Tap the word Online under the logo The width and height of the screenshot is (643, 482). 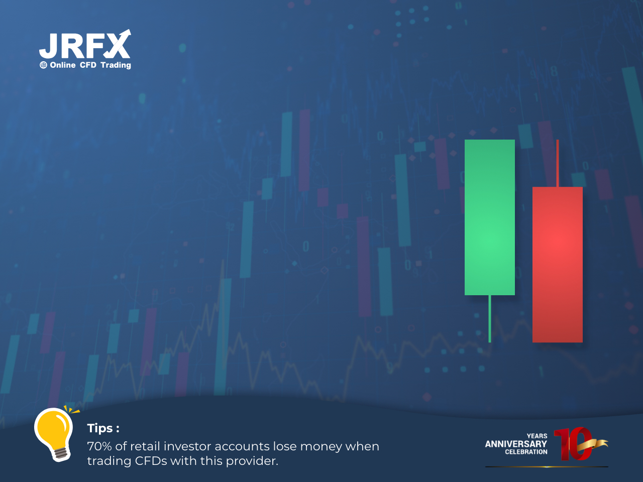point(63,65)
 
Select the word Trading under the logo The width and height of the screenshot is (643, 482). point(116,65)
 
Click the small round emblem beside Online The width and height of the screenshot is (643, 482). point(43,65)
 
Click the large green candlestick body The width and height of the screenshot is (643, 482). point(489,217)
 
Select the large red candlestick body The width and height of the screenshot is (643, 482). point(557,265)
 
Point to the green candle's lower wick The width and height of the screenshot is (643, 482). point(489,319)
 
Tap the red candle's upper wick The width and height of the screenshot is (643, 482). point(558,163)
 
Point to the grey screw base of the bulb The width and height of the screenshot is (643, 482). point(61,453)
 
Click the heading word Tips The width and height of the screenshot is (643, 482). point(100,428)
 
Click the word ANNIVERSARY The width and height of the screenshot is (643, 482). point(516,444)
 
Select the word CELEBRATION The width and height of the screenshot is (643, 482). point(526,452)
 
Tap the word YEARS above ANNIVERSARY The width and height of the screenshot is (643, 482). point(537,436)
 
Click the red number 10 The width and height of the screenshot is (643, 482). point(573,444)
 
